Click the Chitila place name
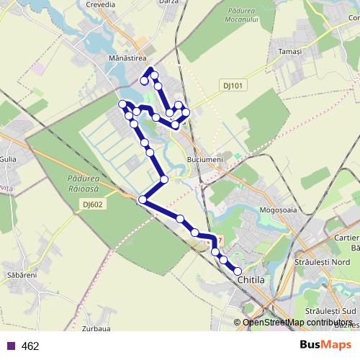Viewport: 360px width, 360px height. (251, 279)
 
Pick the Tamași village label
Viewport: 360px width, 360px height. (291, 52)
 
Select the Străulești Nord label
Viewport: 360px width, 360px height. (320, 263)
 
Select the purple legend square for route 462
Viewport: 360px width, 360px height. (11, 346)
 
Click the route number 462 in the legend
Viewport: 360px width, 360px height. (30, 346)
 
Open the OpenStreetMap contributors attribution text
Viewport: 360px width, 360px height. (297, 323)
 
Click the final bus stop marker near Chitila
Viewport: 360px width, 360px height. (238, 271)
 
